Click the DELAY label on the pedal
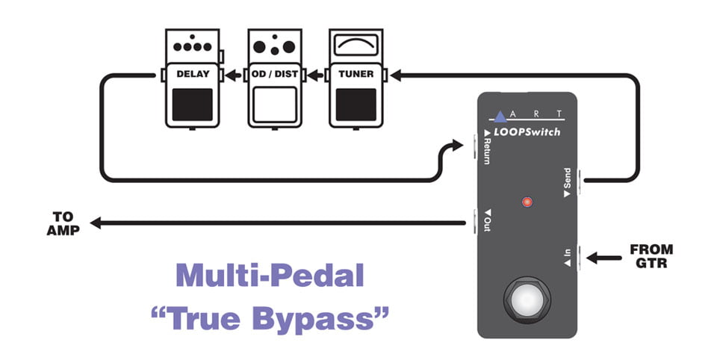pos(193,74)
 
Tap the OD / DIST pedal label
pos(274,74)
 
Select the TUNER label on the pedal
pos(356,74)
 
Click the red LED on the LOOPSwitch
pos(527,202)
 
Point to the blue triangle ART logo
pos(500,117)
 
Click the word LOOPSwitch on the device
pos(527,132)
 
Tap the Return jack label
pos(487,147)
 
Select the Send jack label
pos(568,182)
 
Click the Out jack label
pos(488,220)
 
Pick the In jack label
pos(568,258)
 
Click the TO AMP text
pos(63,223)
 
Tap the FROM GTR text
pos(651,256)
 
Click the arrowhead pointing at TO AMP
pos(95,223)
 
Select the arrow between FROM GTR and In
pos(603,258)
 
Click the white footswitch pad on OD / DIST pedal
pos(274,105)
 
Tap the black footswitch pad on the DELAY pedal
pos(193,105)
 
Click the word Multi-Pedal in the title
pos(270,276)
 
